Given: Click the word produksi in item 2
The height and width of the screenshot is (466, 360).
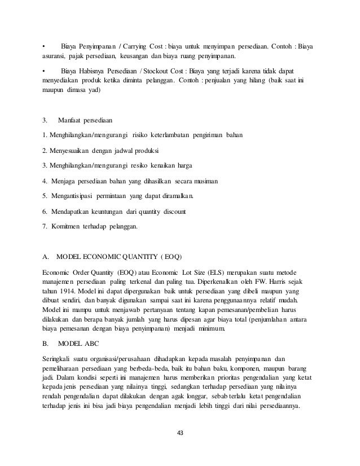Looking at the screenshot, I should [144, 151].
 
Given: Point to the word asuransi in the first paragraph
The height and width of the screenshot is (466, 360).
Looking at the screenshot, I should [54, 56].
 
